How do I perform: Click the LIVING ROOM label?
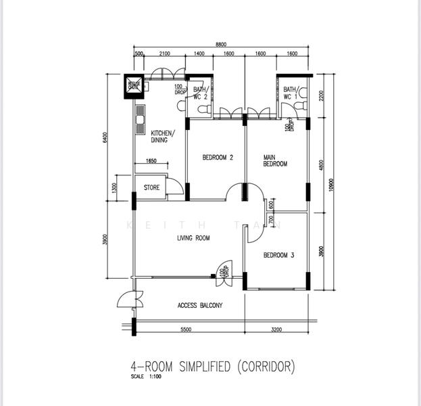(x=193, y=238)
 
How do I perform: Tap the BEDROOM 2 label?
(x=218, y=158)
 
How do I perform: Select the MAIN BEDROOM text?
(x=275, y=160)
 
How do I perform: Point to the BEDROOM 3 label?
(x=278, y=255)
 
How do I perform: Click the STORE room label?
(x=151, y=187)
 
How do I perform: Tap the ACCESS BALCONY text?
(x=200, y=305)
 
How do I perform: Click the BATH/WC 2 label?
(x=201, y=93)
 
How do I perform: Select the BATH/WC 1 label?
(x=291, y=93)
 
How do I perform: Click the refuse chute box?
(x=134, y=85)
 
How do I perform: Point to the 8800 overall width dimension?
(x=222, y=44)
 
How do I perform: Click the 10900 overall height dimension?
(x=330, y=185)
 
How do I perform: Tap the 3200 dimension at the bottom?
(x=276, y=329)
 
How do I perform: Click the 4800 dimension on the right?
(x=320, y=165)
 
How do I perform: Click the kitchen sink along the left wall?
(x=140, y=121)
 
